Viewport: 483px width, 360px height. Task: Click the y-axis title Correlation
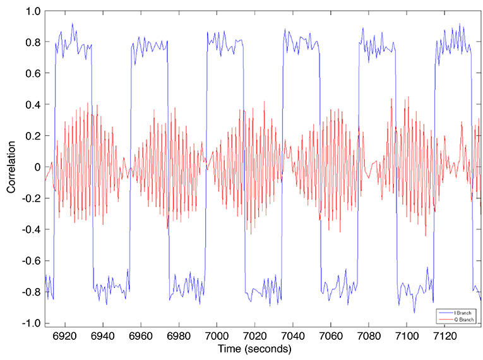coord(11,167)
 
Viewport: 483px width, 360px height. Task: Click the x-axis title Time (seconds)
coord(254,349)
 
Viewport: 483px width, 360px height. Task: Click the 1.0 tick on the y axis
coord(33,11)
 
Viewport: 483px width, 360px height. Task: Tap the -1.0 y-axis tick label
coord(32,323)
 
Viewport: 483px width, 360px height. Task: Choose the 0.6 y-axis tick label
coord(33,74)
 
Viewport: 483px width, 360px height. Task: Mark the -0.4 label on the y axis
coord(32,230)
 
